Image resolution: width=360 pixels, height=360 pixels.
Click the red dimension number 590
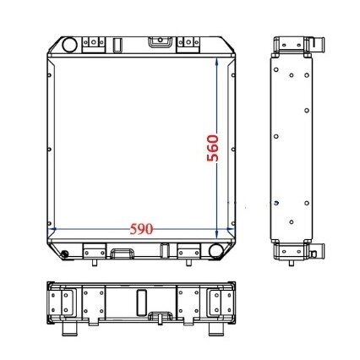[x=141, y=229]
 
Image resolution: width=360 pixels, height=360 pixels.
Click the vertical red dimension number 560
[x=213, y=148]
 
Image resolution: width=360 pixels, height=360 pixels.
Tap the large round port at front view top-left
[x=69, y=45]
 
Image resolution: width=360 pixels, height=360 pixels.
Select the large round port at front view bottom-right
[x=216, y=250]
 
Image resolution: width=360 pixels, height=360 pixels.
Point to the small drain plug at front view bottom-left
[x=64, y=254]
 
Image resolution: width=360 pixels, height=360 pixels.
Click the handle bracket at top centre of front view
[x=160, y=41]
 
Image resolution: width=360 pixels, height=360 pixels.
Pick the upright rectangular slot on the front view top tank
[x=117, y=45]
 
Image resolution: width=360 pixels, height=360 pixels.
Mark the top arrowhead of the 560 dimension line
[x=216, y=62]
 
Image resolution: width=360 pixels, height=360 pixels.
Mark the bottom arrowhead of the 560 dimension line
[x=216, y=234]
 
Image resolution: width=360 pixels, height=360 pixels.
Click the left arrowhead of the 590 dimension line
[x=52, y=229]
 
